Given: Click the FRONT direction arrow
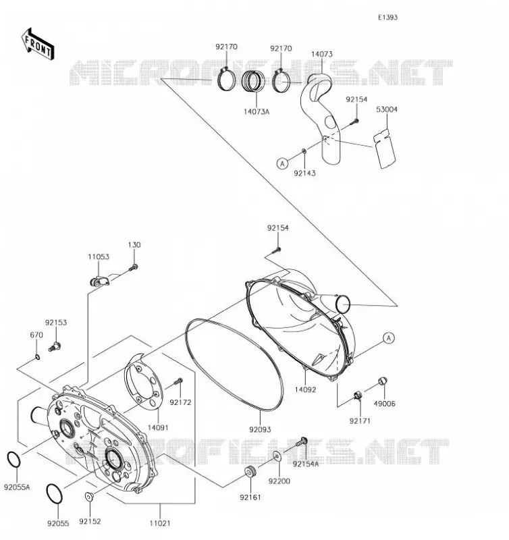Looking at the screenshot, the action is tap(38, 45).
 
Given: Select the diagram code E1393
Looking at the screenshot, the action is tap(387, 18).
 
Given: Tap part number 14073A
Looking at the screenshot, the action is tap(257, 111).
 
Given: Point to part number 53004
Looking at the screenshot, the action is tap(387, 109).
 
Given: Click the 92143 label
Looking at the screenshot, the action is tap(304, 173).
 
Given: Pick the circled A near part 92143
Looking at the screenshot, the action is tap(282, 163).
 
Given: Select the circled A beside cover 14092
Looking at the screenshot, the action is tap(389, 338).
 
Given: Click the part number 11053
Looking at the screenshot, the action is tap(99, 257).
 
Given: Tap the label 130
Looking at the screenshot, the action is tap(134, 245).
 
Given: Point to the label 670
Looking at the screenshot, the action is tap(36, 335).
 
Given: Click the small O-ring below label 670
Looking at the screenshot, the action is tap(37, 357).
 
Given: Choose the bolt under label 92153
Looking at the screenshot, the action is tap(55, 346).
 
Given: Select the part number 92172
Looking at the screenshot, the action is tap(180, 402).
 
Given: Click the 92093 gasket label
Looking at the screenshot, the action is tap(260, 429).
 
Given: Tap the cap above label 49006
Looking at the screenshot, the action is tap(383, 381).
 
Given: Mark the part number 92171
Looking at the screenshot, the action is tap(360, 421).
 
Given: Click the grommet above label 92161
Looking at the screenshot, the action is tap(250, 471).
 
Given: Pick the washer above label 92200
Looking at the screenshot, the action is tap(277, 456).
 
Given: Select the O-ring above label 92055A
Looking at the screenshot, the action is tap(14, 460).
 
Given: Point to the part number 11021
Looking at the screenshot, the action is tap(160, 524).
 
